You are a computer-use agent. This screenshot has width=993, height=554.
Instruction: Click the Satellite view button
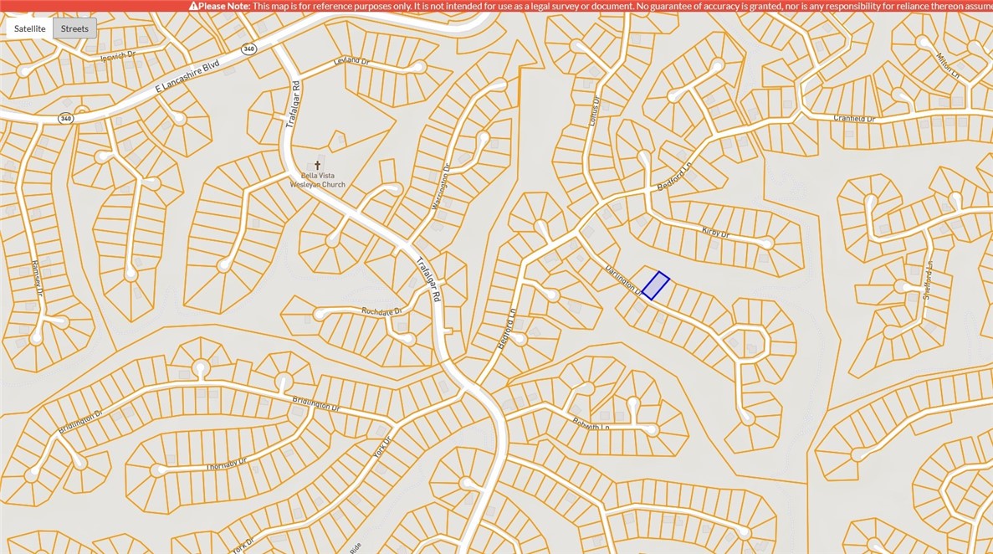tap(30, 28)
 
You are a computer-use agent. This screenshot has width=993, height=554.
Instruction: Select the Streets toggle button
tap(74, 28)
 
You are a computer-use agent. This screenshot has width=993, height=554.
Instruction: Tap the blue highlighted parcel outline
tap(655, 285)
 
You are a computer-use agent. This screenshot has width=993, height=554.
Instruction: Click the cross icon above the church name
tap(317, 166)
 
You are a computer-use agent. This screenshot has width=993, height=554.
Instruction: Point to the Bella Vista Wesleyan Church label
tap(317, 180)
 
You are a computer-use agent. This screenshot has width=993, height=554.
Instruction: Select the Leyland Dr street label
tap(351, 61)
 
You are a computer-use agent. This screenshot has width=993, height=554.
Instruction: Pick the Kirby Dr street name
tap(715, 233)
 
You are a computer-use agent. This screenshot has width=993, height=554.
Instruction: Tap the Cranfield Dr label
tap(853, 119)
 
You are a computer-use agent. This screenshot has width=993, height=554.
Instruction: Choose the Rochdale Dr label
tap(381, 311)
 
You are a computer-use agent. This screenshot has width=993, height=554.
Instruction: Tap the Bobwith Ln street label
tap(591, 424)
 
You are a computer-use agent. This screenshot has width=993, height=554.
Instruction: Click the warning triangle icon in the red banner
tap(194, 6)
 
